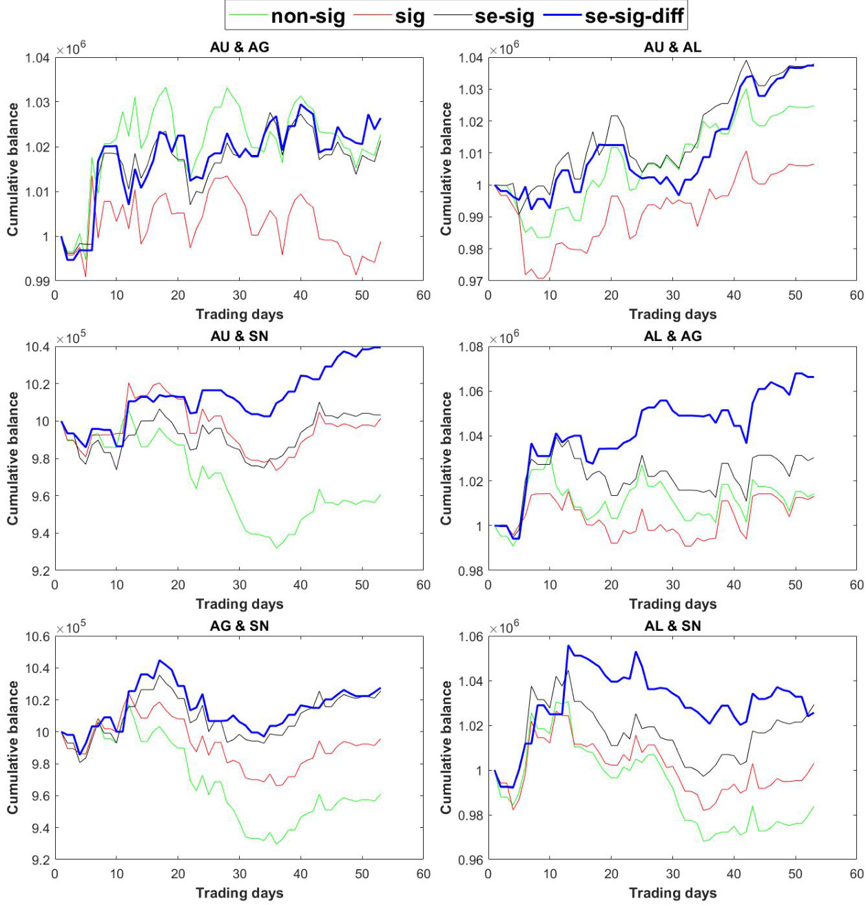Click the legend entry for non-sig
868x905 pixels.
(308, 16)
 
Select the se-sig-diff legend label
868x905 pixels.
(634, 16)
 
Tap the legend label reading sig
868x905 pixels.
(410, 16)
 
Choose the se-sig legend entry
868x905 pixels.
(504, 16)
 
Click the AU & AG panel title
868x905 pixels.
(239, 48)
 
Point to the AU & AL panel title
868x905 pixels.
(672, 48)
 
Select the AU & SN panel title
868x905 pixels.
(239, 336)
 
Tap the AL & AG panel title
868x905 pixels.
(672, 336)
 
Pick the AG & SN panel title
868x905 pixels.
(239, 626)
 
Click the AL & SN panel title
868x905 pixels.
(672, 626)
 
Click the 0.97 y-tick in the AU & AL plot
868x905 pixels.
(471, 281)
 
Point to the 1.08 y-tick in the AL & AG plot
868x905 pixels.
(471, 346)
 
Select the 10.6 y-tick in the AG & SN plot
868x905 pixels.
(38, 636)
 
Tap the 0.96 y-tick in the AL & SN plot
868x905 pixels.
(471, 860)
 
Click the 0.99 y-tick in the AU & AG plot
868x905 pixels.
(38, 281)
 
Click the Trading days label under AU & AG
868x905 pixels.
(239, 315)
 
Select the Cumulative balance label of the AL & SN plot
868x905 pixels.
(446, 747)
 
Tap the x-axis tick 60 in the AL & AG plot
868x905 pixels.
(856, 585)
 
